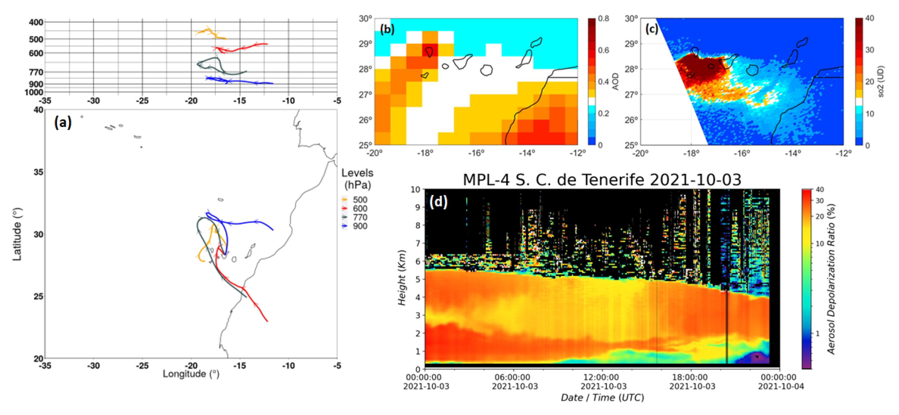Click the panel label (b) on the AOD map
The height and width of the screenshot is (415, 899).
(x=387, y=29)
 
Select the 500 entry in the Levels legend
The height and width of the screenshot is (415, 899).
(x=360, y=200)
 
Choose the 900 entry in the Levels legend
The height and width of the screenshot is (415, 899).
(x=360, y=226)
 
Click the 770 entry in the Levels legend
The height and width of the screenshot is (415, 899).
(x=360, y=217)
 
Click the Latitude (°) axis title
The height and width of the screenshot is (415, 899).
(x=17, y=234)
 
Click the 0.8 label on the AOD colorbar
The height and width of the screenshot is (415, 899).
(x=603, y=18)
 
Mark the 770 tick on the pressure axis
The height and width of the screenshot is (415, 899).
(x=36, y=72)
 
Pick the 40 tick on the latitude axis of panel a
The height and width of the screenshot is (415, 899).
(x=38, y=110)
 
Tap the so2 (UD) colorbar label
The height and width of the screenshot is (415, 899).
(x=881, y=81)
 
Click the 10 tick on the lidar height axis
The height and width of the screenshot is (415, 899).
(x=415, y=189)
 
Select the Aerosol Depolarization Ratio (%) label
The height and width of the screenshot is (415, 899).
(x=831, y=279)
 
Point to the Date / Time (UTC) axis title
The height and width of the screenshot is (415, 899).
(x=602, y=398)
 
